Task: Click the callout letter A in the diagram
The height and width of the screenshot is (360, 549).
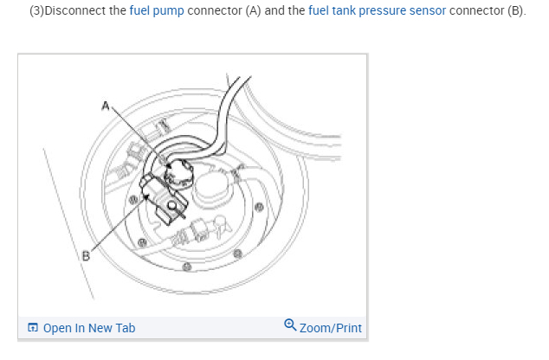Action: (x=104, y=106)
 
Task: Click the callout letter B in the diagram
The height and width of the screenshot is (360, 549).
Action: (x=86, y=255)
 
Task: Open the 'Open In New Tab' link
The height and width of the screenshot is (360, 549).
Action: (x=88, y=328)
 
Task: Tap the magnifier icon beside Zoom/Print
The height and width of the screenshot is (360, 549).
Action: (x=289, y=326)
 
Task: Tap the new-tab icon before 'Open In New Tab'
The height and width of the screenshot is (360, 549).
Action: (x=33, y=328)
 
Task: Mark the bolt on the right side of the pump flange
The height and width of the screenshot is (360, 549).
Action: (x=259, y=207)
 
